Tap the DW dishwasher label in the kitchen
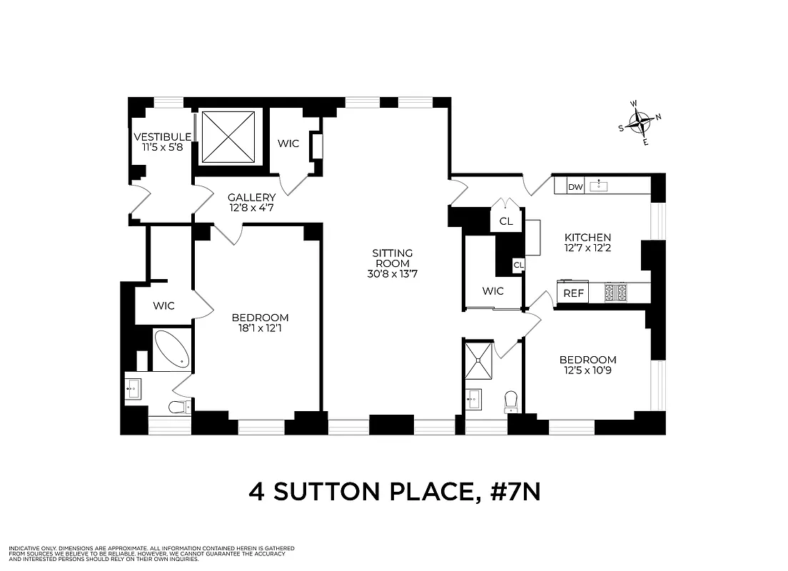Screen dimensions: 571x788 575,187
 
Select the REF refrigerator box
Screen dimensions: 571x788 573,293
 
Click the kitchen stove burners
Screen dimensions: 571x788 615,292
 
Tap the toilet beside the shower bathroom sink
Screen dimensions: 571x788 510,401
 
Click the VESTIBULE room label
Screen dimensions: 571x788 162,137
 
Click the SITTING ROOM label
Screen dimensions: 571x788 393,258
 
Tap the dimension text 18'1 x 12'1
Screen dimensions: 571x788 260,329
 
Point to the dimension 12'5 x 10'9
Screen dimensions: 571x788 587,371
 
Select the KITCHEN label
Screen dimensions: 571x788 587,238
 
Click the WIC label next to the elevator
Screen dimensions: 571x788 288,143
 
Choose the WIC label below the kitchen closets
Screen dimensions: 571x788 492,290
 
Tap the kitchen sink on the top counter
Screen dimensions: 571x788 599,186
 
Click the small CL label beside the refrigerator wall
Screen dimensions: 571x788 518,266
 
